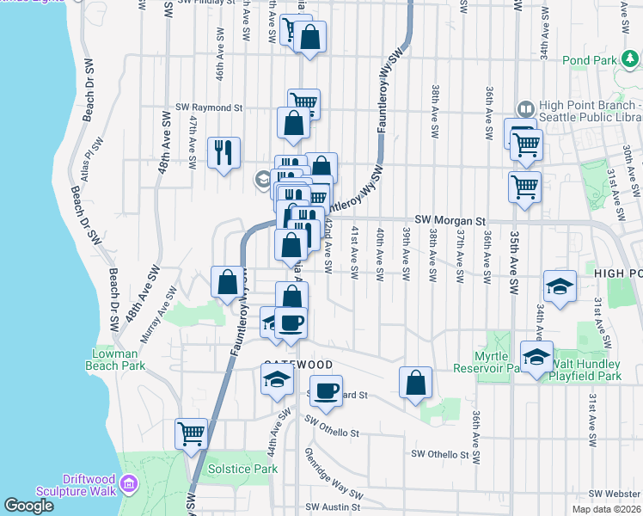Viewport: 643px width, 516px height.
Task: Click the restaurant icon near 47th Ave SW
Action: [224, 153]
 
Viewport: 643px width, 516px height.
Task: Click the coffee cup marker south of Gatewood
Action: [326, 391]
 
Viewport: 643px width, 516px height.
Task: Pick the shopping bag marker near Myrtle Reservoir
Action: [415, 384]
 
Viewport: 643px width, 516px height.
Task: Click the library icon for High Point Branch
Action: [524, 110]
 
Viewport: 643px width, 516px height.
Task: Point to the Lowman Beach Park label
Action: [113, 359]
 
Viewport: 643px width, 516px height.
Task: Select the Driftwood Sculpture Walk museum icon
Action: [130, 485]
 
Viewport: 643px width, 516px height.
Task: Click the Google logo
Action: [28, 506]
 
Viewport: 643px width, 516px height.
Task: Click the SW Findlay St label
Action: [203, 3]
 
